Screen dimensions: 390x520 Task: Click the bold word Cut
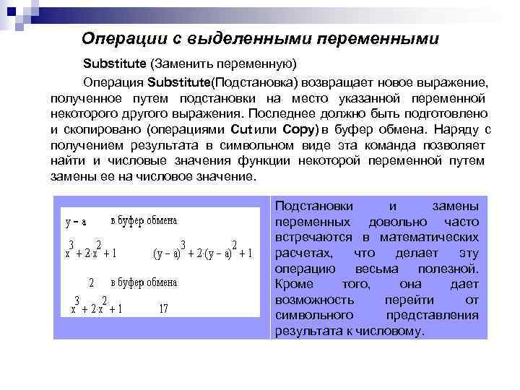point(240,131)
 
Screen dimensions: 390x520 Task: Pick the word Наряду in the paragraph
point(454,131)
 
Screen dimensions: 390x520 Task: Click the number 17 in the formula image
point(163,308)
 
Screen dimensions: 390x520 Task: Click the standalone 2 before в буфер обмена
point(91,282)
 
